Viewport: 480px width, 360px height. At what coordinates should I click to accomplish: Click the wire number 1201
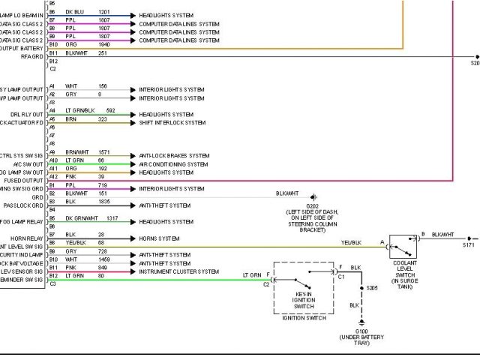(103, 13)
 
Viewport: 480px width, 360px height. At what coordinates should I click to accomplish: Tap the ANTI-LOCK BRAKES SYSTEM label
(174, 155)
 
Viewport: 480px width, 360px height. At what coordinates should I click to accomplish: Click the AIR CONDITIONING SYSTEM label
(173, 164)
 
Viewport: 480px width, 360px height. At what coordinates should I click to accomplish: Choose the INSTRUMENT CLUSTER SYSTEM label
(178, 271)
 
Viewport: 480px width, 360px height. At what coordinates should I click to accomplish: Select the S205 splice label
(372, 288)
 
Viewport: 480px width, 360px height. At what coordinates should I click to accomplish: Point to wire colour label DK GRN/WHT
(82, 217)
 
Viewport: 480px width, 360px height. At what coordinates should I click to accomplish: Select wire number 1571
(103, 152)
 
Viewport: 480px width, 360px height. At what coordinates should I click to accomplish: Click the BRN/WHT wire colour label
(77, 152)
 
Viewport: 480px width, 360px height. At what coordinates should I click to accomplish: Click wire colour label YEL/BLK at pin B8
(76, 243)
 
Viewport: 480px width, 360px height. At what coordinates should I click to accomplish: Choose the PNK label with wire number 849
(70, 267)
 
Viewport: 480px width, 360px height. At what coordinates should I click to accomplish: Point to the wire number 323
(102, 119)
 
